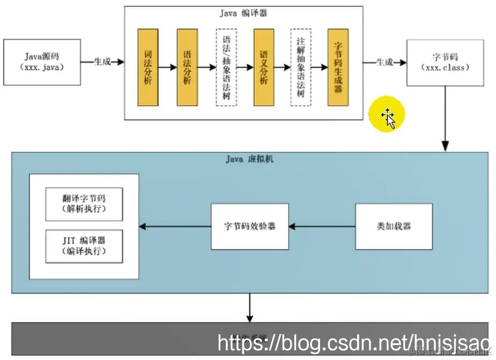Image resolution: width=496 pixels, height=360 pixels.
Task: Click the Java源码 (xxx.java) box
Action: coord(42,62)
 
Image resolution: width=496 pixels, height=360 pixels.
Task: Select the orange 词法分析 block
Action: coord(148,67)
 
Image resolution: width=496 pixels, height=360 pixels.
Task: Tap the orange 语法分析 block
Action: coord(187,67)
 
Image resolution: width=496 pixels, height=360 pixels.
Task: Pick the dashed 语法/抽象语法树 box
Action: coord(226,67)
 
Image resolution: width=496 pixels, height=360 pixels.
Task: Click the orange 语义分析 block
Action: coord(264,67)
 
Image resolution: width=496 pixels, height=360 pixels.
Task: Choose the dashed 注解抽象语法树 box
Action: coord(301,67)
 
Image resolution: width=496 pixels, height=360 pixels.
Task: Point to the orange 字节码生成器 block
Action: coord(338,67)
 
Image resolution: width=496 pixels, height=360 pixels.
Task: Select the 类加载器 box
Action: coord(394,226)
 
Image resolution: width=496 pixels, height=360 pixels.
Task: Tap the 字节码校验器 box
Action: coord(250,226)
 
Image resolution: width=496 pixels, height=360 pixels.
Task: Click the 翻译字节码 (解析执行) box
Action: coord(84,204)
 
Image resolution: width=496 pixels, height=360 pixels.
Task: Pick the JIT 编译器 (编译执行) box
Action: coord(84,246)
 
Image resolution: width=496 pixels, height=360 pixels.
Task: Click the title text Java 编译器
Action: coord(243,13)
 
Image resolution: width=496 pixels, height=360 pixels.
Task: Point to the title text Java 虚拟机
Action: coord(249,159)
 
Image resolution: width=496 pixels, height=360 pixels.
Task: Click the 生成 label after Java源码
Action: coord(102,62)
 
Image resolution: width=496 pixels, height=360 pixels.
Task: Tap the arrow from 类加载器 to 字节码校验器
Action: coord(322,227)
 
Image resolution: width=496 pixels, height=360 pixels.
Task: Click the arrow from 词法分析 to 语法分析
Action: coord(167,67)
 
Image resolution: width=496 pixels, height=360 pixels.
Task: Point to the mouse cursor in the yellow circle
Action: coord(388,117)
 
